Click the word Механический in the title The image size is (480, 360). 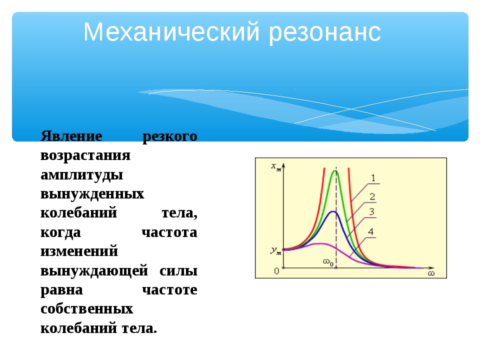click(171, 32)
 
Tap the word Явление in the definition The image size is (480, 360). click(71, 136)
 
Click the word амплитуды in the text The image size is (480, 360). click(81, 175)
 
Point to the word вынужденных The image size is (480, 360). click(92, 194)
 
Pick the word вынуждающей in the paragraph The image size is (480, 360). click(94, 271)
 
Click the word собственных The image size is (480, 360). click(86, 309)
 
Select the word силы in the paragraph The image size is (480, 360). click(178, 271)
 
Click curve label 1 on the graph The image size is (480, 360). click(373, 178)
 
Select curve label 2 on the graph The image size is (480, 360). click(372, 196)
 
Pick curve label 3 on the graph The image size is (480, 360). click(371, 211)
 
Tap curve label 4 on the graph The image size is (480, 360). click(370, 231)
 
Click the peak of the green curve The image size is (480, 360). click(335, 171)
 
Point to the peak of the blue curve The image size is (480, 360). click(333, 211)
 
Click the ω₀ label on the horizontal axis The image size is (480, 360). click(328, 262)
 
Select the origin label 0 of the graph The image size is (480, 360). click(276, 271)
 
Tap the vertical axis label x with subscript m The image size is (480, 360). click(276, 167)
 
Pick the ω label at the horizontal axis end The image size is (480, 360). click(431, 273)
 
